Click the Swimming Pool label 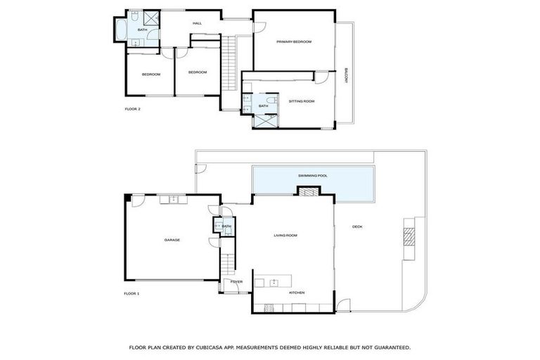click(x=313, y=176)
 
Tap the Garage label click(x=172, y=240)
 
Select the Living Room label click(x=285, y=236)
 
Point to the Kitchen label click(x=297, y=292)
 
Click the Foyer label click(x=236, y=281)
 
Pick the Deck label click(x=357, y=226)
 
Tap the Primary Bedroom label click(x=294, y=42)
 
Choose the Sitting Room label click(x=302, y=101)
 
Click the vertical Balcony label click(x=346, y=76)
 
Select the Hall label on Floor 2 click(x=198, y=23)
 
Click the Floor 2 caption click(x=133, y=109)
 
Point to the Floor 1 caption click(x=131, y=293)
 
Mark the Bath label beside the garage click(x=226, y=226)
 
